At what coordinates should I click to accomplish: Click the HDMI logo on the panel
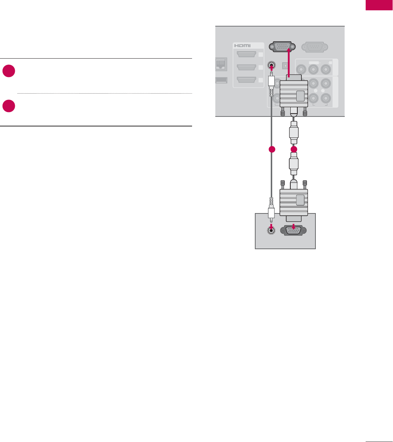(242, 46)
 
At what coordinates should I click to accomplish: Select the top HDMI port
(247, 55)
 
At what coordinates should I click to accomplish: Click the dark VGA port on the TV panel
(280, 46)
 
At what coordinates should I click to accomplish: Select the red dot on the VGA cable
(294, 149)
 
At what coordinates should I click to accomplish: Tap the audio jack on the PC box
(271, 230)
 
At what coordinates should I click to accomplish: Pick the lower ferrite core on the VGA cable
(294, 164)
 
